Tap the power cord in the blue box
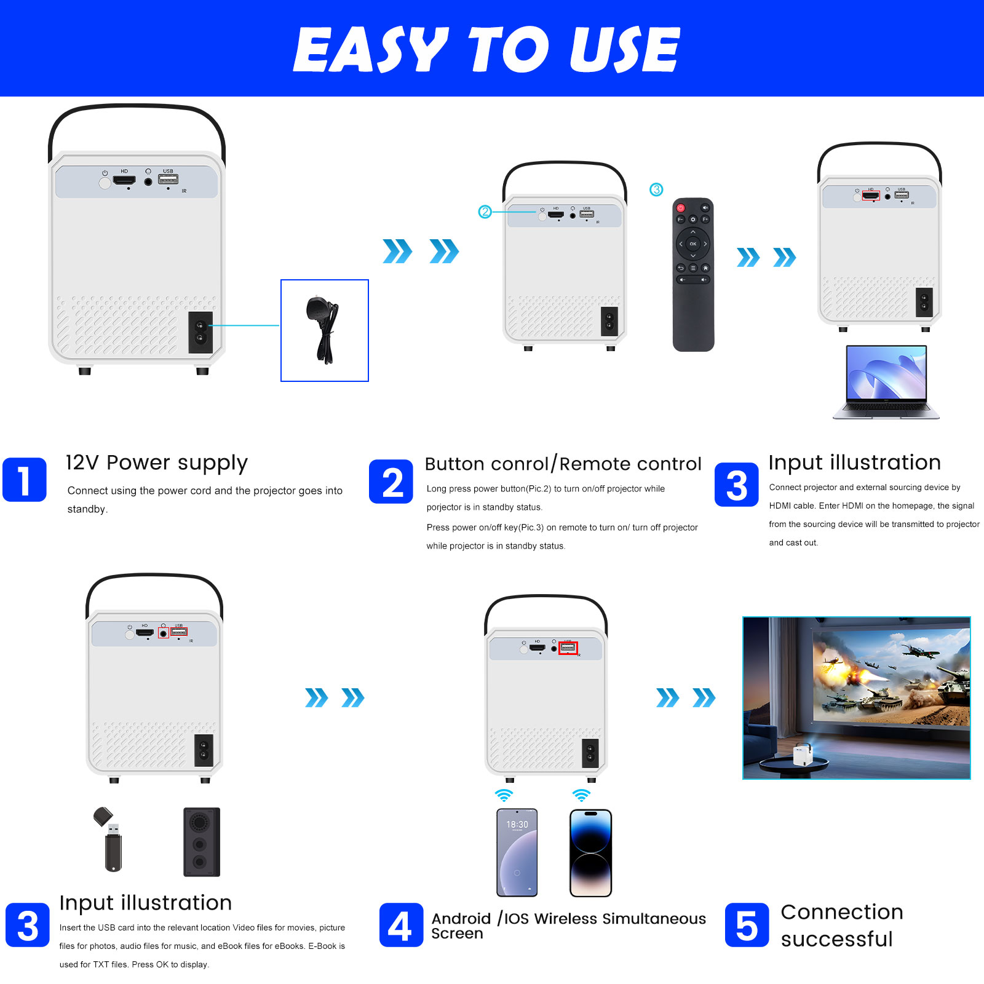(323, 330)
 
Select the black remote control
(693, 274)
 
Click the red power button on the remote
(681, 208)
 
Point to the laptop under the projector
(886, 382)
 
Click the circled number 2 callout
(485, 212)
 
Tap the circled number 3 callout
(656, 189)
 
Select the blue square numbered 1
(25, 480)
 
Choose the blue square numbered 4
(401, 925)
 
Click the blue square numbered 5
(747, 925)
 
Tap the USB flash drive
(109, 839)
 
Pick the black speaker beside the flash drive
(202, 842)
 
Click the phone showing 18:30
(517, 852)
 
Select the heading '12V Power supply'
(157, 463)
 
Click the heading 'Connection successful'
(842, 926)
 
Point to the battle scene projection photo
(857, 698)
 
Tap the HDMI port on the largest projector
(124, 181)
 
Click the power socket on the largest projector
(200, 332)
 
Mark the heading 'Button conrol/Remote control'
(563, 464)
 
